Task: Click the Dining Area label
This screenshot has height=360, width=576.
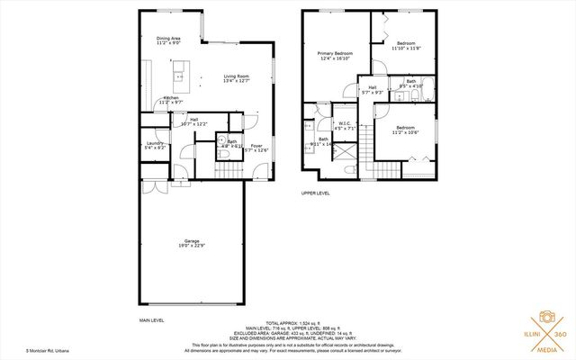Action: pos(169,40)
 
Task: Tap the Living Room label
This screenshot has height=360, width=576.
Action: pos(238,78)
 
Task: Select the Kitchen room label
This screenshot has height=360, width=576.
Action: pos(171,99)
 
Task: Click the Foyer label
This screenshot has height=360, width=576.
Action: pos(256,148)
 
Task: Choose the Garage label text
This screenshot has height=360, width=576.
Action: pos(192,243)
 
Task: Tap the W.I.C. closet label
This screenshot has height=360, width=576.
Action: pos(346,127)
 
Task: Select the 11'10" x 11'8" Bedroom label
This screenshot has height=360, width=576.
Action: pos(405,45)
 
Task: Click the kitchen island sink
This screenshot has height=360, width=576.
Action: pos(179,66)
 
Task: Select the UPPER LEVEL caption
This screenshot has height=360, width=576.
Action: pos(316,193)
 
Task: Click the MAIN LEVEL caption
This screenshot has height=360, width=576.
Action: pos(151,320)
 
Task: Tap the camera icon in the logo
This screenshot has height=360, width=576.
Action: pos(545,318)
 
